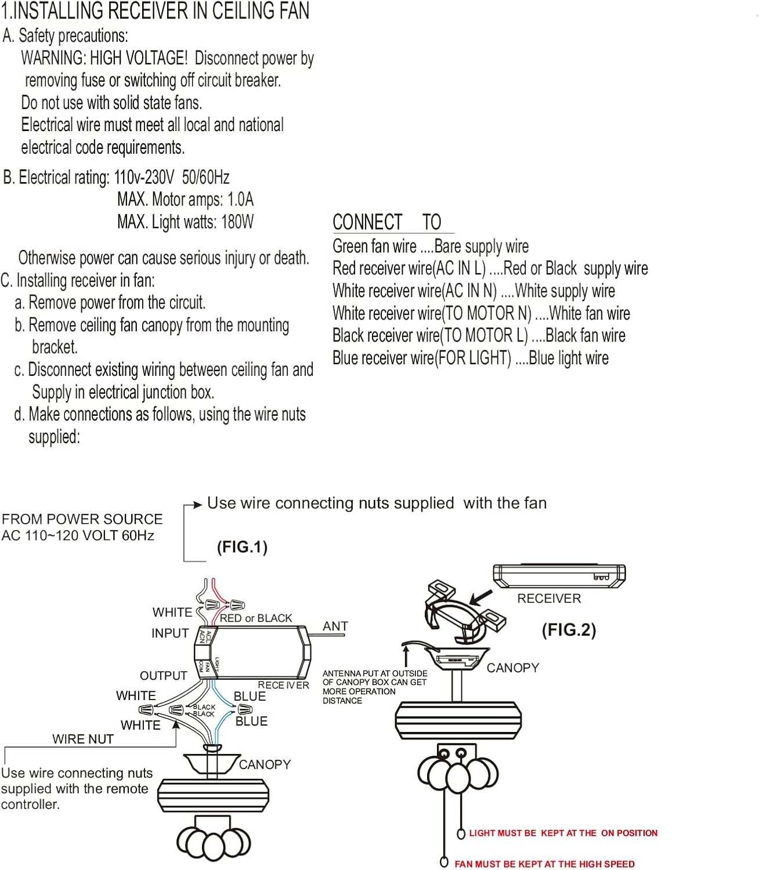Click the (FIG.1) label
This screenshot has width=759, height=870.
pos(242,547)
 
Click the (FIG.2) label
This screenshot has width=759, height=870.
pos(569,630)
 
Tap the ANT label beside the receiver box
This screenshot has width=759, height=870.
pos(335,626)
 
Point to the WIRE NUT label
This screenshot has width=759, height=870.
pos(82,739)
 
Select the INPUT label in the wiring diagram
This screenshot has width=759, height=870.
pos(170,633)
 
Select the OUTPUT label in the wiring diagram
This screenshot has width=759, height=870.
pos(163,676)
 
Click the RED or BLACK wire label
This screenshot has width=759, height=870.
pos(256,618)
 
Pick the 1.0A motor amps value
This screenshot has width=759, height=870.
pos(240,200)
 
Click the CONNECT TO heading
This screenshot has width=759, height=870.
pos(386,222)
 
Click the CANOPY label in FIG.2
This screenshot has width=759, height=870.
pos(513,668)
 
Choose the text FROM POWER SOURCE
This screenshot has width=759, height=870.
pos(82,519)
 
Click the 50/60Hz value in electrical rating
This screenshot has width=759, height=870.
pos(205,177)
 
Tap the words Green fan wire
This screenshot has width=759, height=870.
pos(374,246)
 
